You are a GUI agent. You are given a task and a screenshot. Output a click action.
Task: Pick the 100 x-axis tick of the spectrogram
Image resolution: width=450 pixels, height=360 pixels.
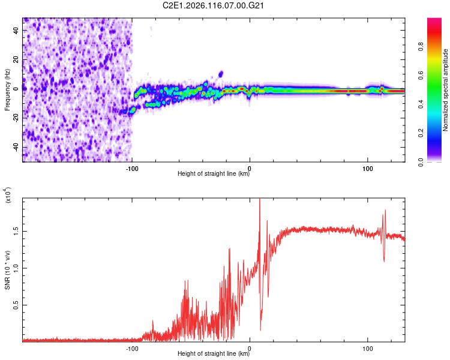point(367,168)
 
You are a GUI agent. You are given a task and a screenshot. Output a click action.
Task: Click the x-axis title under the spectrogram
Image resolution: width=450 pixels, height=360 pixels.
point(214,175)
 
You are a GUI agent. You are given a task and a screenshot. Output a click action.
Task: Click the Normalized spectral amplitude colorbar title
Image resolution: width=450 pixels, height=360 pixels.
point(446,90)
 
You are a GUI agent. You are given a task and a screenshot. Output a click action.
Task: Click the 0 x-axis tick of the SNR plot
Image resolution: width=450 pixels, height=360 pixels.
point(250,348)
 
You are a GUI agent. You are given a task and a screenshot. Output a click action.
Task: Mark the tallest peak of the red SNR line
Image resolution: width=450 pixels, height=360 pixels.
point(259,199)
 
